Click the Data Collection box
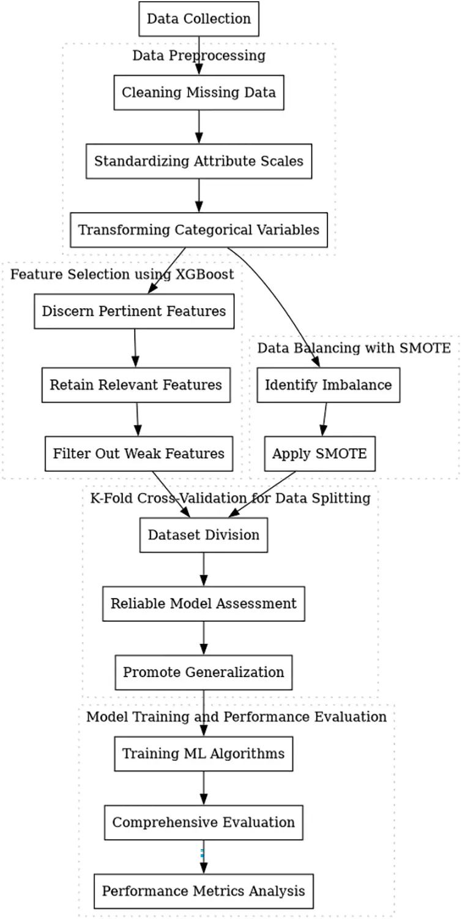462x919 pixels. (199, 19)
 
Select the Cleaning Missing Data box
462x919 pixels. (199, 93)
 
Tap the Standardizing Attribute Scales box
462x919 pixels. (199, 161)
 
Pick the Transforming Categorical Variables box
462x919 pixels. (199, 230)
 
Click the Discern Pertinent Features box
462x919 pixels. (133, 311)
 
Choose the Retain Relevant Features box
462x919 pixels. (136, 385)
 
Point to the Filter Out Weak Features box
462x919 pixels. (138, 454)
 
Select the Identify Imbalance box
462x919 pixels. (328, 385)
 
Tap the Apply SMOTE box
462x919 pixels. (319, 454)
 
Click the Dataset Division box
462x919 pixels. (204, 535)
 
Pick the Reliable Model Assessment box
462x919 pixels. (204, 603)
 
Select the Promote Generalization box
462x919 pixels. (204, 672)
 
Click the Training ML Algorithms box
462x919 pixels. (204, 754)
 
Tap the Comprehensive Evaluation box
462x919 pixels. (204, 822)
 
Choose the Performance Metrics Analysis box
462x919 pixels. (204, 891)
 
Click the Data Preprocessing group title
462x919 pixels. (199, 56)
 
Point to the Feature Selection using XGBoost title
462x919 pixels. (122, 274)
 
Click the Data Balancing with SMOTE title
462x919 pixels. (354, 348)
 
